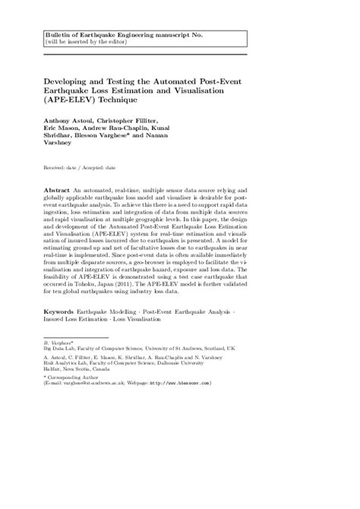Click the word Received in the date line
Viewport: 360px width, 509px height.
click(x=57, y=166)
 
